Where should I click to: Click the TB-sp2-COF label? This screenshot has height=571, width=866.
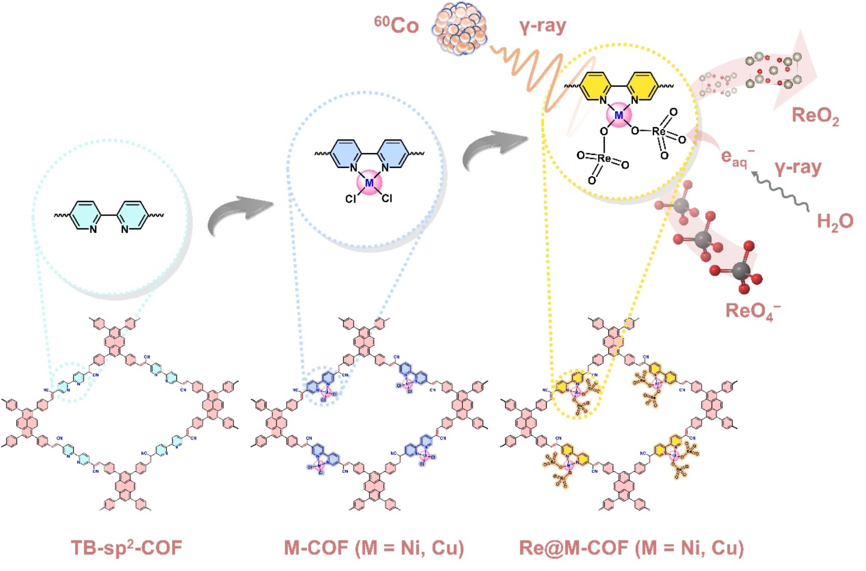pyautogui.click(x=126, y=547)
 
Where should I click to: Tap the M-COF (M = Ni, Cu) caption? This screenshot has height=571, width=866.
pyautogui.click(x=374, y=547)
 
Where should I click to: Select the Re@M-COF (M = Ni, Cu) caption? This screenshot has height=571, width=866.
pyautogui.click(x=631, y=547)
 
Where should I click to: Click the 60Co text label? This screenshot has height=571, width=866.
pyautogui.click(x=396, y=25)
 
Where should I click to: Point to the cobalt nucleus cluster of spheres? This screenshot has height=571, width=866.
pyautogui.click(x=459, y=28)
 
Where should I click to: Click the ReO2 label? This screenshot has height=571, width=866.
pyautogui.click(x=815, y=116)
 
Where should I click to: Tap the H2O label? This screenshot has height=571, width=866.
pyautogui.click(x=834, y=221)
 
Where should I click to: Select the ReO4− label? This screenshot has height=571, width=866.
pyautogui.click(x=752, y=311)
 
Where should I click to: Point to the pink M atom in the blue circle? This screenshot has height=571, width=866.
pyautogui.click(x=369, y=183)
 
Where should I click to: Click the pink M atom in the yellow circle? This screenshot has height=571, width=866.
pyautogui.click(x=619, y=116)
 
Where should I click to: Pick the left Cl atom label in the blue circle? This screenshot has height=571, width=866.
pyautogui.click(x=351, y=199)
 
